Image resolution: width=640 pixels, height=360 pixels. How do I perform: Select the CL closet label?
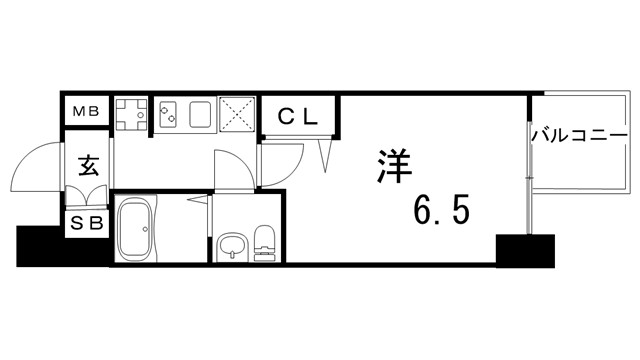[x=298, y=115]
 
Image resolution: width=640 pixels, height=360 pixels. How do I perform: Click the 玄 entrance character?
[x=87, y=165]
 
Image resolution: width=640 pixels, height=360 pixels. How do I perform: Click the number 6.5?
[x=440, y=212]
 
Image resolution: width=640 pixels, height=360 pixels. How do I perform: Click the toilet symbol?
[x=265, y=243]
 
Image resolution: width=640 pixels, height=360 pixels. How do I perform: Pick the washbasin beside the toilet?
[x=232, y=246]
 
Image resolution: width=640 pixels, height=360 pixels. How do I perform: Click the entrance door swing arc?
[x=40, y=165]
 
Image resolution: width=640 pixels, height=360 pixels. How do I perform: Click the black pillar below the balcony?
[x=525, y=250]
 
